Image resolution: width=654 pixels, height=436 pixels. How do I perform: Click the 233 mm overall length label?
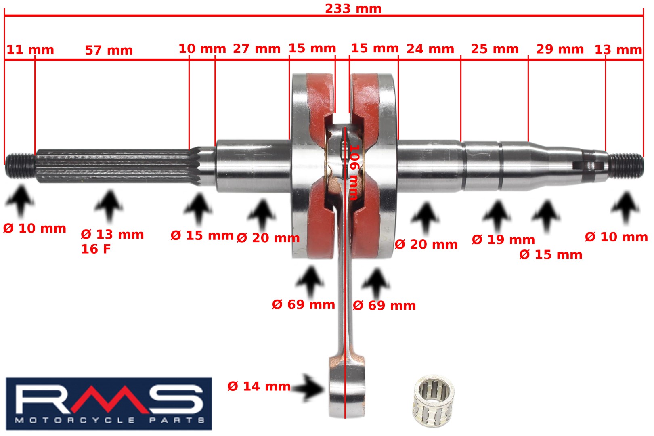pos(353,8)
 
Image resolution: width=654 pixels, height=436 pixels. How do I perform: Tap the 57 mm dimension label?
pos(109,50)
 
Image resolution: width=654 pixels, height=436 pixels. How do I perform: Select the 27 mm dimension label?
pos(257,49)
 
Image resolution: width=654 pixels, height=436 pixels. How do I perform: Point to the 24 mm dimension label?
pos(430,49)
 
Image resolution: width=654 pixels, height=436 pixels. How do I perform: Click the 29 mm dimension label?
pos(560,49)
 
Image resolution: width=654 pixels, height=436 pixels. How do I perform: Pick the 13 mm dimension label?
pos(618,50)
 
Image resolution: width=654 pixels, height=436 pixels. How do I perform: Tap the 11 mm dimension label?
pos(30,50)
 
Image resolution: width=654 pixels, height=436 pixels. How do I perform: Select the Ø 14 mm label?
pos(259,386)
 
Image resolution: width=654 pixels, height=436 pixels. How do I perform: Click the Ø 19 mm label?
pos(503,240)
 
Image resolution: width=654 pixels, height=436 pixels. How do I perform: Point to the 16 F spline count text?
pos(96,249)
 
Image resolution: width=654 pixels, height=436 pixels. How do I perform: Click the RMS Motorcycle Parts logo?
pos(109,404)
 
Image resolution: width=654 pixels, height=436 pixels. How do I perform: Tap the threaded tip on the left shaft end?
pos(20,165)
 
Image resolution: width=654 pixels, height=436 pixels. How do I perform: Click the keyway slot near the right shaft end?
pos(589,166)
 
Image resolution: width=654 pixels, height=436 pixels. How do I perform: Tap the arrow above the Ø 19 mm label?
pos(497,216)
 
